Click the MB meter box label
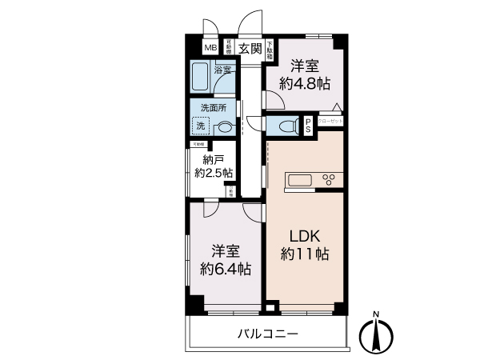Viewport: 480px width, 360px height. click(210, 48)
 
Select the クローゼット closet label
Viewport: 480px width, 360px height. click(330, 121)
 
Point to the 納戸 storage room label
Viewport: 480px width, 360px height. click(213, 158)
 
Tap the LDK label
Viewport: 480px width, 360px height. click(304, 238)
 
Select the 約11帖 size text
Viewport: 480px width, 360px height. click(304, 255)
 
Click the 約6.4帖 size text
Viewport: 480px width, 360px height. click(226, 270)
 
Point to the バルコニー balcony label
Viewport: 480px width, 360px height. click(267, 334)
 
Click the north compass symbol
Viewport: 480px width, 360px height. click(376, 334)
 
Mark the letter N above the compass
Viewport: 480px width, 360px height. click(376, 313)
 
